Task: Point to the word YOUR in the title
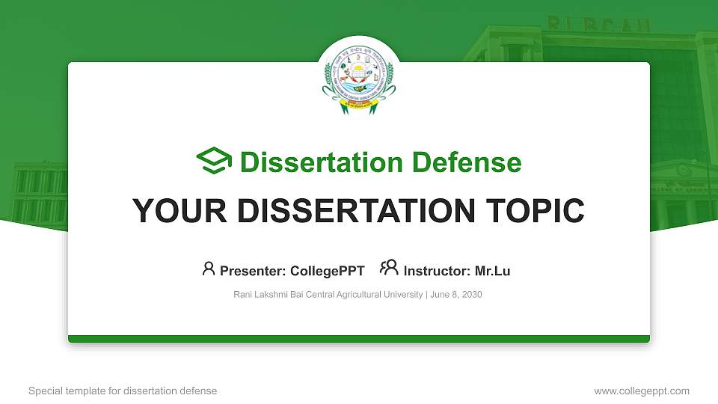click(x=177, y=211)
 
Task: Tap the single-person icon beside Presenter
click(x=209, y=268)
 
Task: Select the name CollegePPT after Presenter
click(x=327, y=271)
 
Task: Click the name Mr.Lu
click(x=492, y=271)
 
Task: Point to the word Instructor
click(x=437, y=271)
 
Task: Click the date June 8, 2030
click(x=456, y=295)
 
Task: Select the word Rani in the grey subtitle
click(x=243, y=295)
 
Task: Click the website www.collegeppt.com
click(x=642, y=391)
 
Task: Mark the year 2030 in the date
click(x=472, y=295)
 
